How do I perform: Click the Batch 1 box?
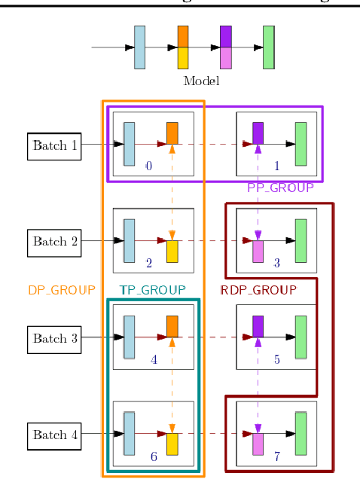[x=54, y=145]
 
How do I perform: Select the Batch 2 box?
[x=54, y=242]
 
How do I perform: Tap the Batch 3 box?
[x=54, y=338]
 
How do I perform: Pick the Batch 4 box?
[x=54, y=435]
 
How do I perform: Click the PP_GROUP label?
[x=280, y=188]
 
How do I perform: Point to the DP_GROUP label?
[x=62, y=290]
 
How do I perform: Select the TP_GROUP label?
[x=152, y=290]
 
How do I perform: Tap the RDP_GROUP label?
[x=258, y=290]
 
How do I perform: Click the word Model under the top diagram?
[x=201, y=81]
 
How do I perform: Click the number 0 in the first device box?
[x=148, y=166]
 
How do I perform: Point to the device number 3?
[x=276, y=263]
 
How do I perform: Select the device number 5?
[x=276, y=359]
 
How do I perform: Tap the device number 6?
[x=154, y=456]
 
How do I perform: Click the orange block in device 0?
[x=172, y=133]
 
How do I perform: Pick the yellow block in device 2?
[x=172, y=252]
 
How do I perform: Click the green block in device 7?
[x=301, y=433]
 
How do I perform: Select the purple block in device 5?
[x=258, y=326]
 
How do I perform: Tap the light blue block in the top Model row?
[x=139, y=47]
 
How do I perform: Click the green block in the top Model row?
[x=268, y=47]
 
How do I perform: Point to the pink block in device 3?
[x=258, y=252]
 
